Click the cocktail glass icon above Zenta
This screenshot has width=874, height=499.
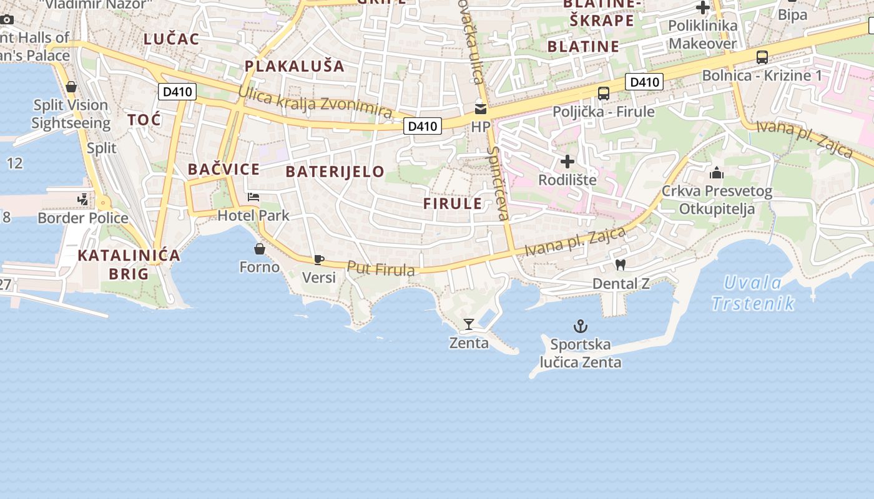(469, 324)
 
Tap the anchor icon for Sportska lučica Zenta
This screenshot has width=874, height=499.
(581, 326)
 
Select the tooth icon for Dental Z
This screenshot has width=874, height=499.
(620, 265)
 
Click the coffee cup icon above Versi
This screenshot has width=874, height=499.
(319, 259)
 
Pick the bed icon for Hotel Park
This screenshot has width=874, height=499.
(253, 197)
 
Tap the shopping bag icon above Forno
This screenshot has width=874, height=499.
(260, 249)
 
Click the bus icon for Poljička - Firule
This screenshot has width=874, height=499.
(603, 94)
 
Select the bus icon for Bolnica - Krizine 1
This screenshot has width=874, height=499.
(762, 57)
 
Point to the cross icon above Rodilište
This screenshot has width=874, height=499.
(567, 162)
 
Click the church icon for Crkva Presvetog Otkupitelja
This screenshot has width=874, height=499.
(717, 172)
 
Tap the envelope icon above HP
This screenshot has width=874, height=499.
(480, 109)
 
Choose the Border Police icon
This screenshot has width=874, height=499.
(82, 200)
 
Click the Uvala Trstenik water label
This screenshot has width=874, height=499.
(753, 293)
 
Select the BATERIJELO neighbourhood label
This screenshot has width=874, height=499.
(335, 172)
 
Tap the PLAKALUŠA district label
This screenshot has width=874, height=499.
(294, 65)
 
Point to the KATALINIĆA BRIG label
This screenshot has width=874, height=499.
(129, 264)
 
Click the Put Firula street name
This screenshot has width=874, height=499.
(381, 269)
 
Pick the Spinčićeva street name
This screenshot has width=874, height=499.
(498, 183)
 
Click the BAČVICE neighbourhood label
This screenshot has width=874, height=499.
(223, 169)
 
